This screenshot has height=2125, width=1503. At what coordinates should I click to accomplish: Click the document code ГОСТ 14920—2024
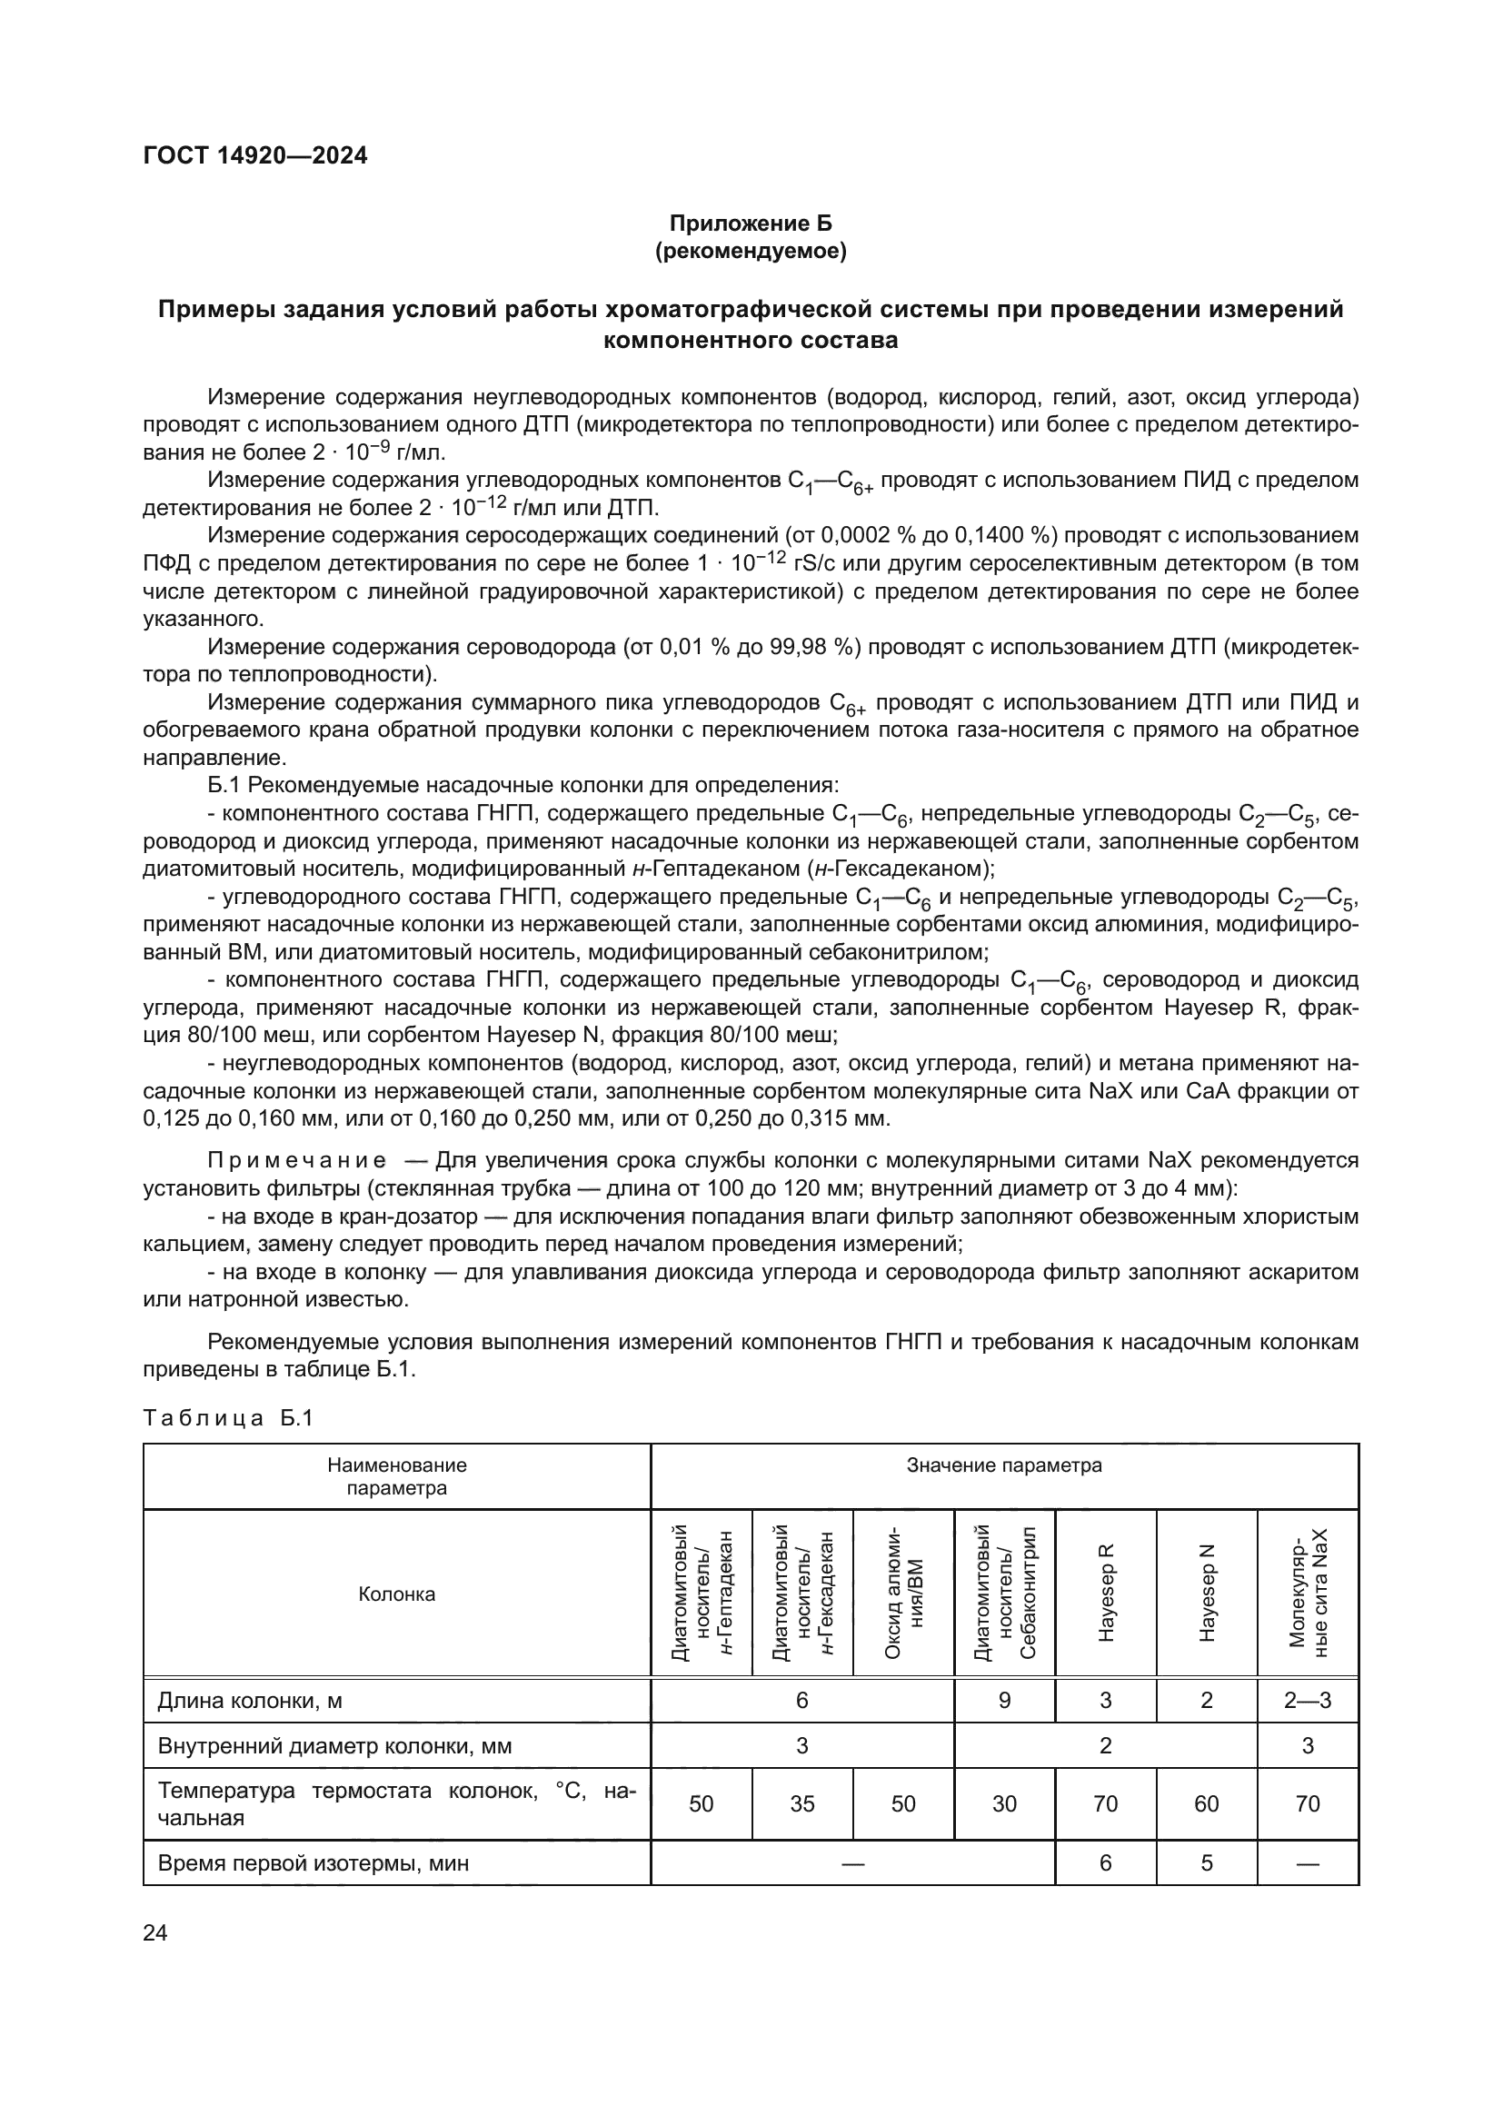point(255,155)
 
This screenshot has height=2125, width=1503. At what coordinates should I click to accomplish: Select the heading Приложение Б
point(751,223)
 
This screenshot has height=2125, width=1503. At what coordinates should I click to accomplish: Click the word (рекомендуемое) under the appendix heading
point(751,251)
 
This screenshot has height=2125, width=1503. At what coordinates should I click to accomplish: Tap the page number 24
point(155,1932)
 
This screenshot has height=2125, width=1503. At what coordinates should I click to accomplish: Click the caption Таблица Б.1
point(229,1418)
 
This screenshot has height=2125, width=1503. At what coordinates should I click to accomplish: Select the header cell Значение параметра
point(1004,1465)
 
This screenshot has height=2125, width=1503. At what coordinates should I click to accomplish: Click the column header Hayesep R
point(1105,1593)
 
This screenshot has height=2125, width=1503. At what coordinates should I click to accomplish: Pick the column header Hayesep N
point(1206,1593)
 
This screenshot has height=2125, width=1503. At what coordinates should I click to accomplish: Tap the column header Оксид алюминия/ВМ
point(903,1593)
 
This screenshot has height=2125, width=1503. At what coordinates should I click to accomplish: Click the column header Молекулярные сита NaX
point(1307,1593)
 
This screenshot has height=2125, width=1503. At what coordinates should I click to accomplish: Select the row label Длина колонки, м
point(250,1700)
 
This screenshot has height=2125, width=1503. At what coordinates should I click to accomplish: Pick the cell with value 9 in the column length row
point(1004,1700)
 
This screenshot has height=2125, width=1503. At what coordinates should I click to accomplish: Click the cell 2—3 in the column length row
point(1307,1700)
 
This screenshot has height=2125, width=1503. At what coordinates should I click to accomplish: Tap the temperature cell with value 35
point(801,1804)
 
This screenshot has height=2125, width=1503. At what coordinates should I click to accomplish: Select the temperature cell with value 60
point(1206,1804)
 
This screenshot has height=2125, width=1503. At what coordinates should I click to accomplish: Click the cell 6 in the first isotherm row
point(1105,1863)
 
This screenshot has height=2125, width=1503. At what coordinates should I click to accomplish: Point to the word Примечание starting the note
point(296,1160)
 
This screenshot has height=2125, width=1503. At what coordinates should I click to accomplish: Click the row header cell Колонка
point(396,1594)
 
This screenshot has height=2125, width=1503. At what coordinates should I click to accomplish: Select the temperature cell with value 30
point(1004,1804)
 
